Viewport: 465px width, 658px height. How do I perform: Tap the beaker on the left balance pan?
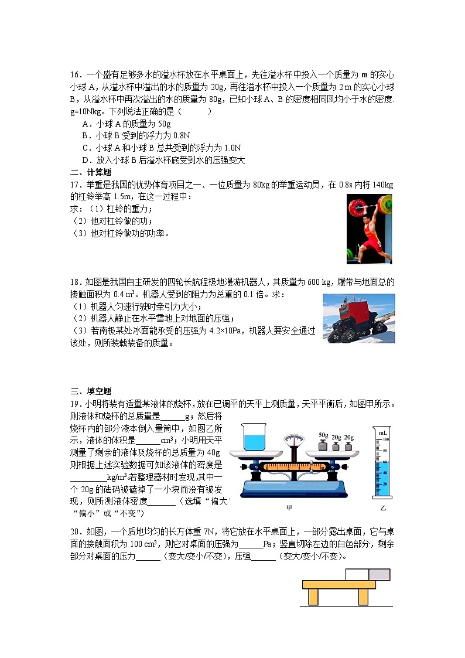tap(252, 438)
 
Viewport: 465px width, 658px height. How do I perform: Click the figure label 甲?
tap(289, 507)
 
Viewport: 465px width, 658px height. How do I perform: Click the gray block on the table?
tap(379, 574)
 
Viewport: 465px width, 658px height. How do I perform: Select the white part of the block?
tap(357, 574)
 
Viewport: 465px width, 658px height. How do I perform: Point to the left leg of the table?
tap(313, 596)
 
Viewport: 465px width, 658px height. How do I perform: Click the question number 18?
tap(75, 282)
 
